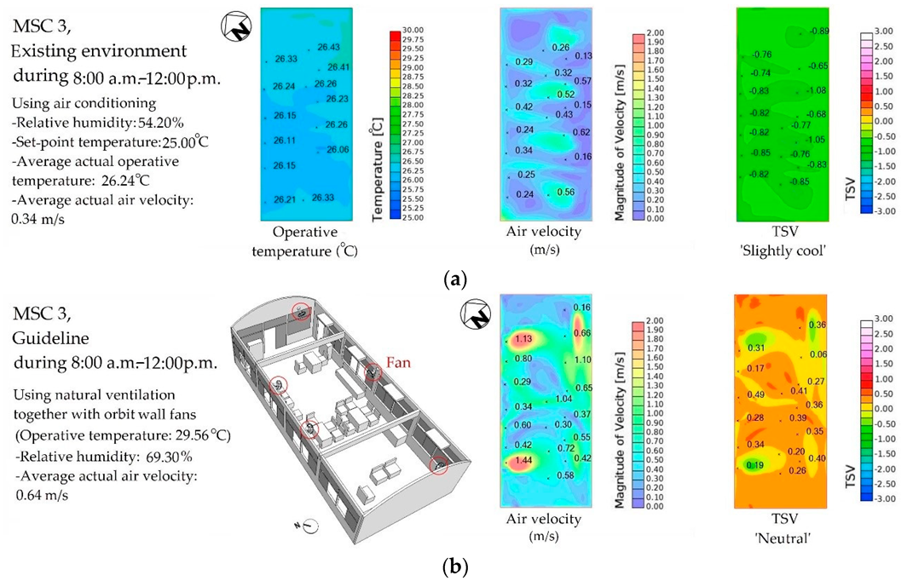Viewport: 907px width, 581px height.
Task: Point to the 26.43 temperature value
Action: [x=327, y=48]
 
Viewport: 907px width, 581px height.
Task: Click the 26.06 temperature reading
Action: [x=337, y=150]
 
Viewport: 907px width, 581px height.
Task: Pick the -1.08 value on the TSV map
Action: [x=817, y=90]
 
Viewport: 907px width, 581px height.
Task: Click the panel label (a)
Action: [x=453, y=279]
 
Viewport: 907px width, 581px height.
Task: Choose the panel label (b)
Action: [x=453, y=564]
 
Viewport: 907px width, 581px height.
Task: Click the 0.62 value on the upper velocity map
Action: [x=581, y=133]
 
